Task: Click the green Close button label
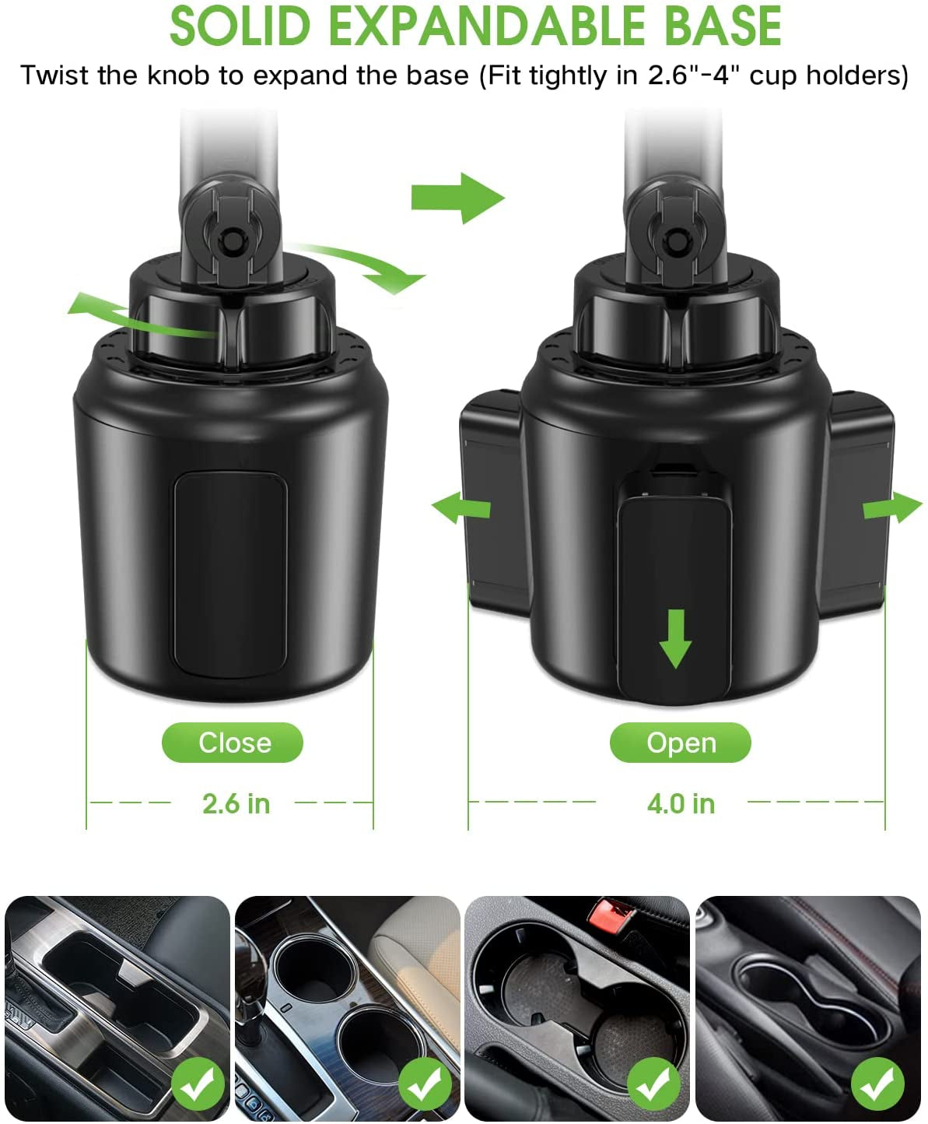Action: pos(233,743)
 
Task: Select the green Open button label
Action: pos(681,743)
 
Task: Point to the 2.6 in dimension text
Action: pos(236,803)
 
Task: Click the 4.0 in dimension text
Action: pos(681,803)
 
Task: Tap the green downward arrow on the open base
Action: pos(675,638)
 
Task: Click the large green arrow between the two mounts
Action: pos(458,198)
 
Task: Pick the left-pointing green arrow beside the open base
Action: pos(461,508)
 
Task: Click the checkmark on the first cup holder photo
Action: pos(198,1083)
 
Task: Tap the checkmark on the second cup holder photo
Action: pos(425,1083)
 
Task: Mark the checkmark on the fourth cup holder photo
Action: pos(877,1083)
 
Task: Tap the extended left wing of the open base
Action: pos(492,498)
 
